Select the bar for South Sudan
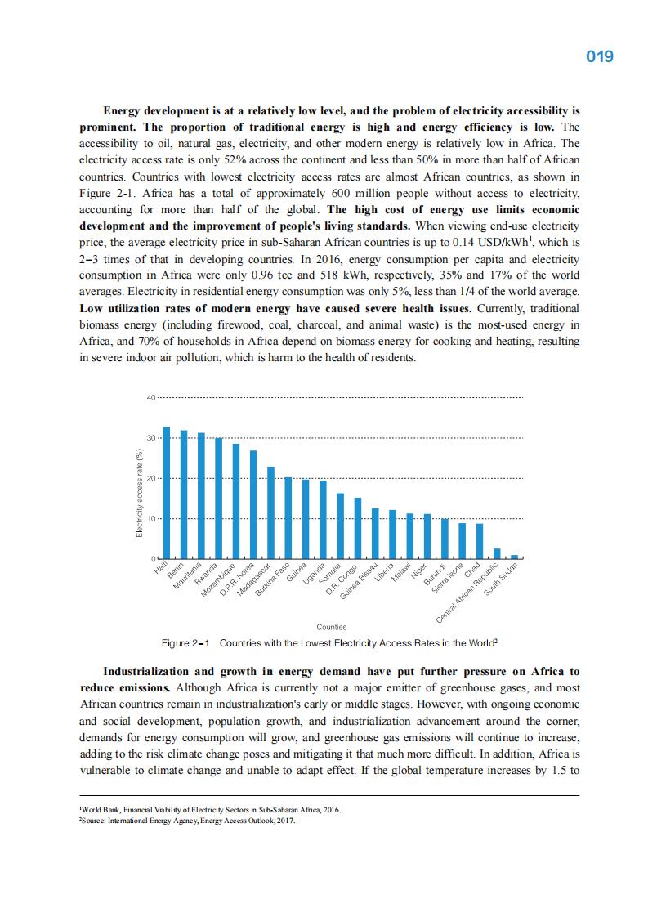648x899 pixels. (x=515, y=557)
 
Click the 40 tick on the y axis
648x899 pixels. (x=150, y=398)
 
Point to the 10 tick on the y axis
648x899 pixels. (x=150, y=518)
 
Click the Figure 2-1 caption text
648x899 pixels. (x=330, y=643)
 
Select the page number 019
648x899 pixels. (x=600, y=57)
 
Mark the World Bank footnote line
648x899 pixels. (x=211, y=810)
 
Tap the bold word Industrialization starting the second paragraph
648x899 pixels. (x=158, y=671)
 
